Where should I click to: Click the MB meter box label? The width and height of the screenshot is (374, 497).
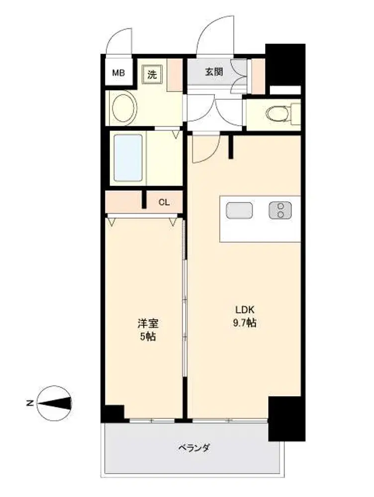(x=118, y=73)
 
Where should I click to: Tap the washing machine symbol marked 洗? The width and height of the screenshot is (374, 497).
(x=152, y=74)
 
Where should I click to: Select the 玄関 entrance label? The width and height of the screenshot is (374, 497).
(x=213, y=72)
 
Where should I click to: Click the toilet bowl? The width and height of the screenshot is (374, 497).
(x=277, y=113)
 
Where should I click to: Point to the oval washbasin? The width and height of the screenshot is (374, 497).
(x=124, y=108)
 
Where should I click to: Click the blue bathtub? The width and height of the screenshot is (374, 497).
(x=128, y=158)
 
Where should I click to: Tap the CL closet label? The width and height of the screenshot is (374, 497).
(x=164, y=202)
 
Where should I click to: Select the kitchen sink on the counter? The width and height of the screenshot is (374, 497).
(x=240, y=210)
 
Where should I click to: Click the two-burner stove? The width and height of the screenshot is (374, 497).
(x=280, y=210)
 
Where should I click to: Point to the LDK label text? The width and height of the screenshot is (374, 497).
(x=245, y=309)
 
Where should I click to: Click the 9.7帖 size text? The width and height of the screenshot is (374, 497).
(x=245, y=323)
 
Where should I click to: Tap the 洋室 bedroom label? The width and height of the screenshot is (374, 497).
(x=148, y=324)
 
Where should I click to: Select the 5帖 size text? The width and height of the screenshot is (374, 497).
(x=148, y=336)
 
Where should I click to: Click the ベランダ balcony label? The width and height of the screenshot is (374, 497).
(x=193, y=448)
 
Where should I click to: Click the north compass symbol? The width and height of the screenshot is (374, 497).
(x=54, y=403)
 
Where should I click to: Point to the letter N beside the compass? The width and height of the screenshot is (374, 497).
(x=30, y=404)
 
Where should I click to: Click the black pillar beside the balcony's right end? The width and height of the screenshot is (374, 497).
(x=287, y=418)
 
